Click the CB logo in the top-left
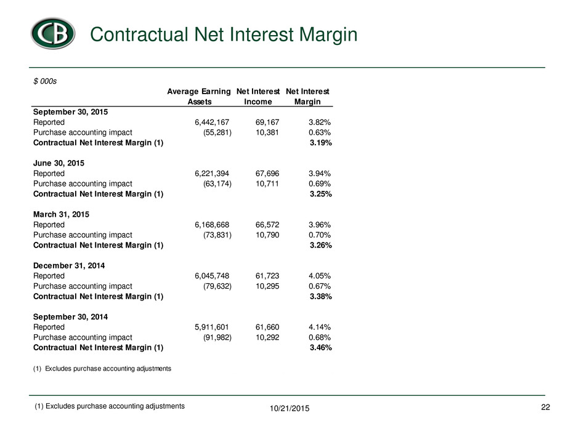[53, 34]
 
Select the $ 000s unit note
[45, 81]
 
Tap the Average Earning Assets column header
[199, 96]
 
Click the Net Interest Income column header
[258, 96]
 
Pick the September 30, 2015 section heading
[71, 112]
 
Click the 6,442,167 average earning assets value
[212, 122]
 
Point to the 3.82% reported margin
[320, 122]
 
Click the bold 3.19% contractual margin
[321, 143]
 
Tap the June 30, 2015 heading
[59, 163]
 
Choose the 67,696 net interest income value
[267, 174]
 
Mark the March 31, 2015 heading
[62, 214]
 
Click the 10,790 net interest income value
[267, 235]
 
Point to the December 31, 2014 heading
[69, 266]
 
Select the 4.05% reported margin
[320, 276]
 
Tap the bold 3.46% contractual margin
[321, 348]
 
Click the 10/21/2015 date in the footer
[289, 409]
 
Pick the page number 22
[545, 407]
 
